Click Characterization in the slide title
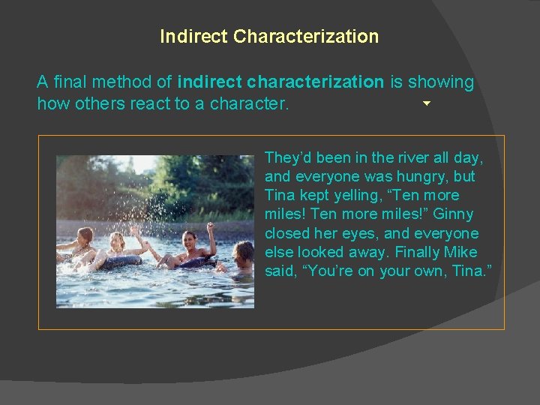(x=306, y=36)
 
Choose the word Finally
(x=412, y=252)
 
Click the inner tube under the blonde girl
(x=120, y=262)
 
